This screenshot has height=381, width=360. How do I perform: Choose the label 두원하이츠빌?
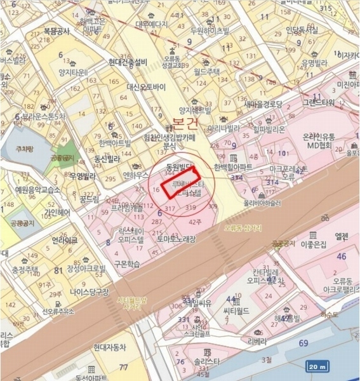(x=208, y=30)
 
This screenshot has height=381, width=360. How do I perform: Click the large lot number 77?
(x=124, y=366)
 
